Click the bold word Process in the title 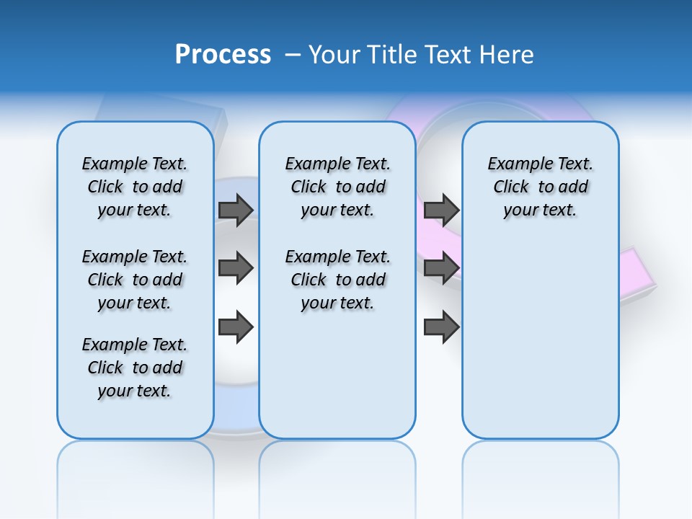223,55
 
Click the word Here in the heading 508,55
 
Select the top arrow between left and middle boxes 236,210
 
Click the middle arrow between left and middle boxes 236,268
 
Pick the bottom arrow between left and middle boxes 236,327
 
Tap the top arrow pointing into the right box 441,210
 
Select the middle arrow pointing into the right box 441,268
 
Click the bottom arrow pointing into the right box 441,327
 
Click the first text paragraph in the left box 135,187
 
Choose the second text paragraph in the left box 135,280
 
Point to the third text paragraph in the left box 135,368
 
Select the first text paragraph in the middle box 337,187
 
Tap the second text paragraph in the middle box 337,280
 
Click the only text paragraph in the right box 540,187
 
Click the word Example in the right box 515,164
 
